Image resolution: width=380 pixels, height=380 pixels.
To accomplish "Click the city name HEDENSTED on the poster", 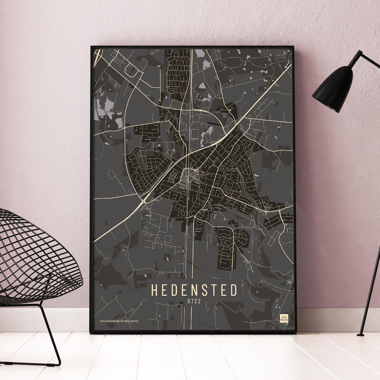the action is click(194, 290).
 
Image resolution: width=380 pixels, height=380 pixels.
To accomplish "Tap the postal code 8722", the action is click(194, 302).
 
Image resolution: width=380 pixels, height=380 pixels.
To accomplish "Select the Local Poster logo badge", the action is click(284, 318).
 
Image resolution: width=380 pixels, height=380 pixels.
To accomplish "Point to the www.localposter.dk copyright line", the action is click(119, 321).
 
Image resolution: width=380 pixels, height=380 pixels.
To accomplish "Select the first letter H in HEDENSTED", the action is click(155, 290).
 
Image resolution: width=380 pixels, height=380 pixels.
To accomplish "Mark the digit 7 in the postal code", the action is click(192, 302).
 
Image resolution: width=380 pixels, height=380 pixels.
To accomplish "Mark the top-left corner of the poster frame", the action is click(92, 47).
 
